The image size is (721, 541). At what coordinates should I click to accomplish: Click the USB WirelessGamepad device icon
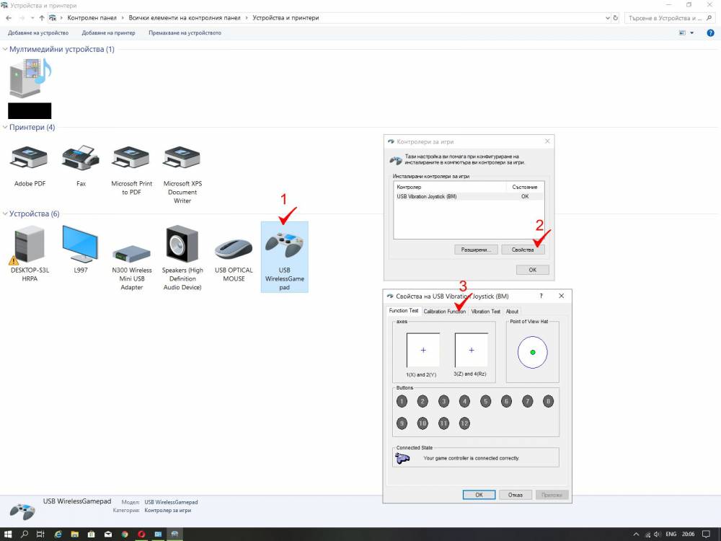click(285, 244)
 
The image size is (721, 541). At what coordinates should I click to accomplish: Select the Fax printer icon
click(81, 158)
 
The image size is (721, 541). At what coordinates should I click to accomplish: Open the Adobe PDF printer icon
click(30, 158)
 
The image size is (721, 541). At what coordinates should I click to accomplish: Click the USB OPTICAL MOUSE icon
click(234, 249)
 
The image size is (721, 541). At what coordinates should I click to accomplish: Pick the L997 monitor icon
click(81, 244)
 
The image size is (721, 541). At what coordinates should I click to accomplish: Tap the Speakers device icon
click(182, 244)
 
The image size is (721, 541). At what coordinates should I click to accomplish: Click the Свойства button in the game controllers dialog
click(523, 250)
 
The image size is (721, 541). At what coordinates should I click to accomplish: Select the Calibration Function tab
click(445, 312)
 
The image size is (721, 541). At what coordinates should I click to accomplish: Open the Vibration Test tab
click(485, 312)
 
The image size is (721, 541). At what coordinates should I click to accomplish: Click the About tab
click(512, 312)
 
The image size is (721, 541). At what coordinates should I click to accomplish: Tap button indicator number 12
click(464, 423)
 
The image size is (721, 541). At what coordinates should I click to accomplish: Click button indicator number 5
click(485, 401)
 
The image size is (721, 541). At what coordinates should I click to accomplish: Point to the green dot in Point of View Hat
click(533, 353)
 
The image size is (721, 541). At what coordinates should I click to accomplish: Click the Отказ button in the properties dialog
click(516, 495)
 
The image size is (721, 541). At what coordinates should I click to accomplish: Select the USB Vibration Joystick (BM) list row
click(469, 196)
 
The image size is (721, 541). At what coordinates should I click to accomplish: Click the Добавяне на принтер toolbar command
click(109, 33)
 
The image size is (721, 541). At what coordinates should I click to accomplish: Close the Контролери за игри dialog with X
click(547, 141)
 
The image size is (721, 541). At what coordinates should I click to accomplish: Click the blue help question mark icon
click(710, 33)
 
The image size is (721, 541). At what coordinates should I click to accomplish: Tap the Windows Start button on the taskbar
click(8, 534)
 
